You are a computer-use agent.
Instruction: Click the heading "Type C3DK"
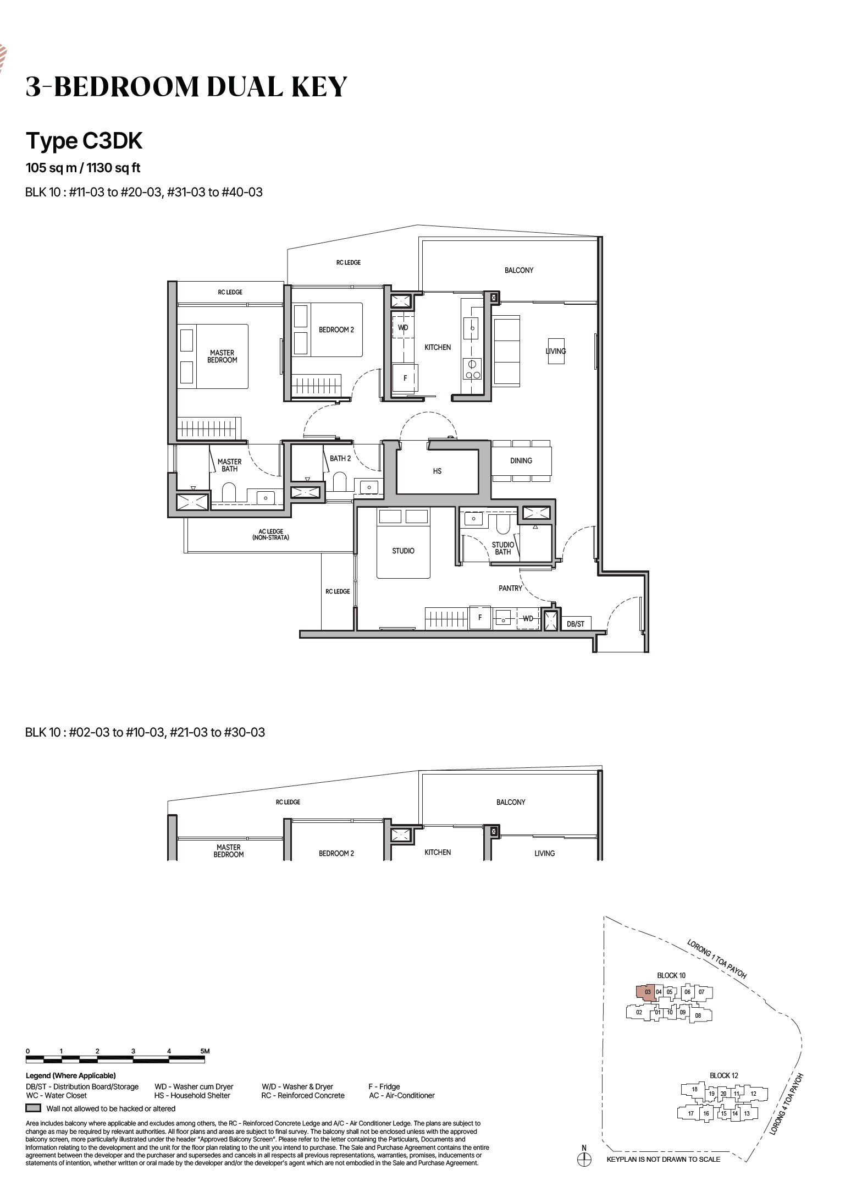[84, 141]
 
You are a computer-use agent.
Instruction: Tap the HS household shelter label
[437, 471]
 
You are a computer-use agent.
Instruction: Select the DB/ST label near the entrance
[576, 624]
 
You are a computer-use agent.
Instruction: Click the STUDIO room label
[403, 551]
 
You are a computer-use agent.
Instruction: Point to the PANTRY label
[510, 588]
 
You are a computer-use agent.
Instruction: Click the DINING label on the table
[521, 460]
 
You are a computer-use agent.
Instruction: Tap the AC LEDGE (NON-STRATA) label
[270, 534]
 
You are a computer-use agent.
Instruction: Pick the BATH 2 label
[340, 458]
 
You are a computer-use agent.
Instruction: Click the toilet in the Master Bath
[229, 492]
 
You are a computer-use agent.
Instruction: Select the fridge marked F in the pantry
[480, 617]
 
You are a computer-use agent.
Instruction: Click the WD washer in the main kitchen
[403, 327]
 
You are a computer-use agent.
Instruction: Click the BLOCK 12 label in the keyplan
[723, 1075]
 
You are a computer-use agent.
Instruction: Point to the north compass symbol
[584, 1159]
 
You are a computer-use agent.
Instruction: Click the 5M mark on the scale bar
[205, 1051]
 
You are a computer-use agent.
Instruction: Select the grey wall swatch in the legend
[34, 1108]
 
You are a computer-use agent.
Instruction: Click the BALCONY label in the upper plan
[519, 270]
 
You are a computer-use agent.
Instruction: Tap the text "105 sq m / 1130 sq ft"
[83, 168]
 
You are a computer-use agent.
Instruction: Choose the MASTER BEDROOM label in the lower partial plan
[229, 851]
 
